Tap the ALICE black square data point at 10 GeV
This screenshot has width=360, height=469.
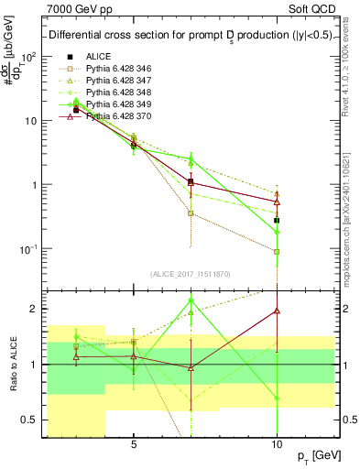tap(277, 221)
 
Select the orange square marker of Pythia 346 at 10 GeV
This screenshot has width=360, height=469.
tap(277, 251)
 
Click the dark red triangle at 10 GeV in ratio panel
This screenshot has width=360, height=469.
tap(277, 311)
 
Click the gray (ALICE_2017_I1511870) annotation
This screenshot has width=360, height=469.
tap(190, 274)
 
